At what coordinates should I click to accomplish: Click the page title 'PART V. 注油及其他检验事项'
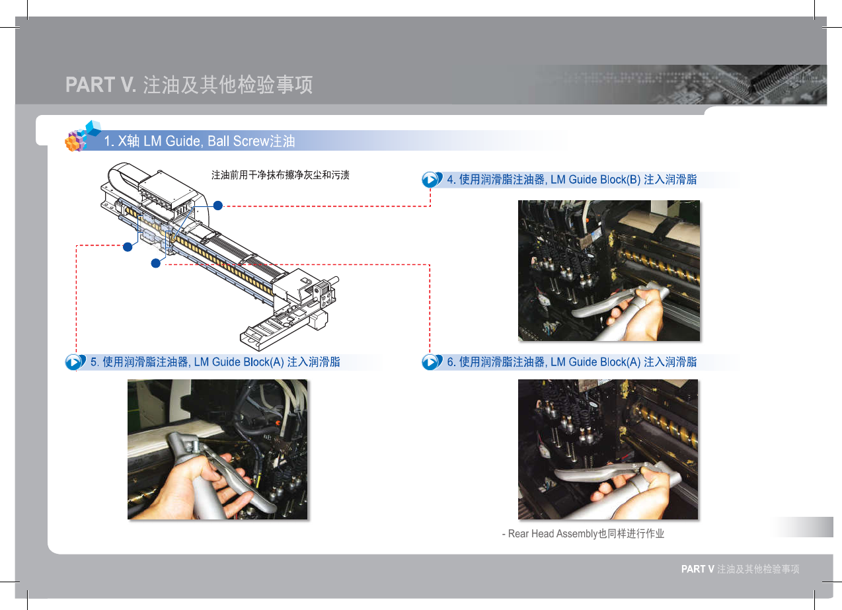click(189, 85)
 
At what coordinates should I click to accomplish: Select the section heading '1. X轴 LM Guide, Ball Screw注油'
click(199, 141)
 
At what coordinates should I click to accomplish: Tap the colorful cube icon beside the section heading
click(83, 135)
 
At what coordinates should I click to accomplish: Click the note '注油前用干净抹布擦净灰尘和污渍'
click(280, 174)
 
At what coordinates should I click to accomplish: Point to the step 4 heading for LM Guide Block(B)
click(572, 180)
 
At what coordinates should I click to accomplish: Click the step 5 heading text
click(215, 362)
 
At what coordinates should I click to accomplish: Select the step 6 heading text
click(572, 362)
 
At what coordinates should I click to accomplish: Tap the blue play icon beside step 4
click(431, 180)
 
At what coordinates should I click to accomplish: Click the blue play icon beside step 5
click(75, 362)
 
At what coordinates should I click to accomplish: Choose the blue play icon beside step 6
click(431, 362)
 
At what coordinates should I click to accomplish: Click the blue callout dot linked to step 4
click(218, 206)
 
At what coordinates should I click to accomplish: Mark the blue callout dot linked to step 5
click(128, 247)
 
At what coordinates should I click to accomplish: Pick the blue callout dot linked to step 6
click(155, 264)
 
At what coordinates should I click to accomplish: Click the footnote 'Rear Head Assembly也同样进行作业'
click(586, 534)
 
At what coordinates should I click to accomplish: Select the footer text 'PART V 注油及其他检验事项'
click(740, 569)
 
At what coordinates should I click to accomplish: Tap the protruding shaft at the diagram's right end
click(334, 281)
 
